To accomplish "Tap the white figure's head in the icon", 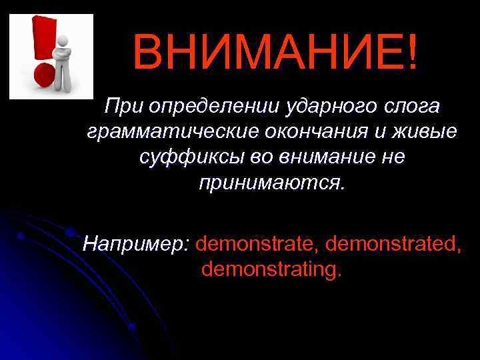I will click(x=63, y=38).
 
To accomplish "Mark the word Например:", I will click(x=136, y=243).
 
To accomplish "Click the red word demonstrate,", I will click(x=257, y=243).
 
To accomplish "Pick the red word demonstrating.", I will click(x=272, y=269).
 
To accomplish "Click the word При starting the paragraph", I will click(x=124, y=107).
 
